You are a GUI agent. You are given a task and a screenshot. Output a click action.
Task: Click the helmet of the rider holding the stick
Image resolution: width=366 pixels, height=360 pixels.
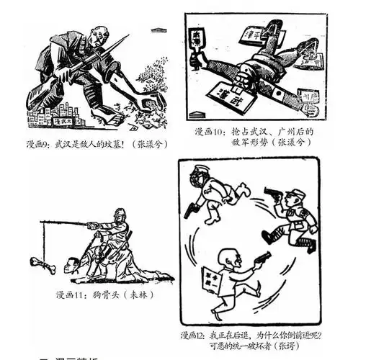tap(120, 214)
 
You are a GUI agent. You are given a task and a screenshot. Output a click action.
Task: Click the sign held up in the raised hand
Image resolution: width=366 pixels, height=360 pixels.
tap(197, 43)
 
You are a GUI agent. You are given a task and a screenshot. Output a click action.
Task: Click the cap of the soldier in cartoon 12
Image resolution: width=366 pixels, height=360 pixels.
tap(297, 193)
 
